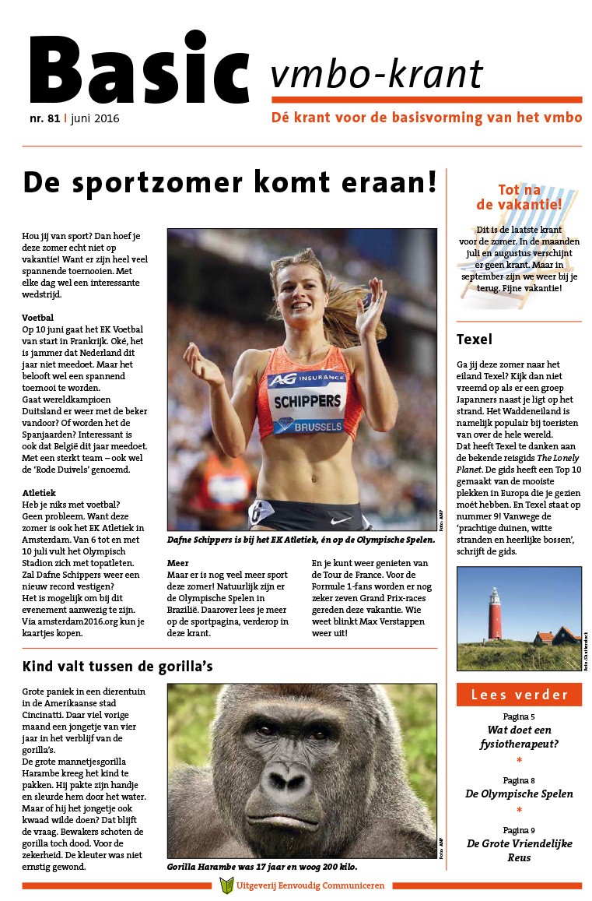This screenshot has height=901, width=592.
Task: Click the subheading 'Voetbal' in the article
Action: click(38, 318)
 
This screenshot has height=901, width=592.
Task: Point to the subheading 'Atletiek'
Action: click(40, 492)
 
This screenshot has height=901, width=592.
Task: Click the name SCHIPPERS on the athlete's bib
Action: click(308, 402)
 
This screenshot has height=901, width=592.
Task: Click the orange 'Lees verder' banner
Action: click(519, 695)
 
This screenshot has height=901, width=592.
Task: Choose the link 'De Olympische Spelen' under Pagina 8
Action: click(519, 794)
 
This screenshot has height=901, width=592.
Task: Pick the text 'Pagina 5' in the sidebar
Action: click(519, 716)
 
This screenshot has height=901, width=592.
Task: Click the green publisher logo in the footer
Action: click(226, 885)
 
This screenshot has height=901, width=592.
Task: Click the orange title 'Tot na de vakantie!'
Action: click(519, 196)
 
